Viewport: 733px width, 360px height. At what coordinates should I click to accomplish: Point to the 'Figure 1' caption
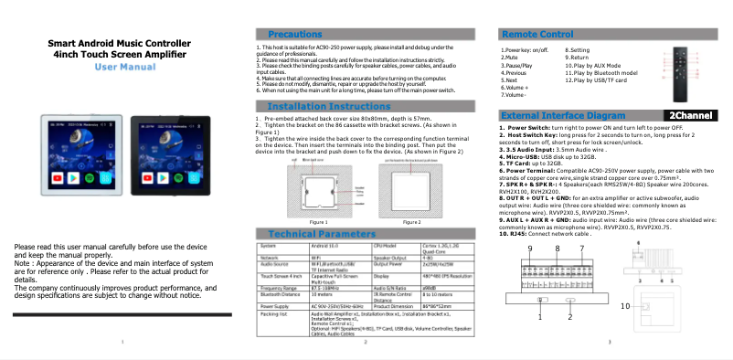click(x=318, y=222)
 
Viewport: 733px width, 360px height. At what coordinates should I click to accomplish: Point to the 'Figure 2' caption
click(x=411, y=222)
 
